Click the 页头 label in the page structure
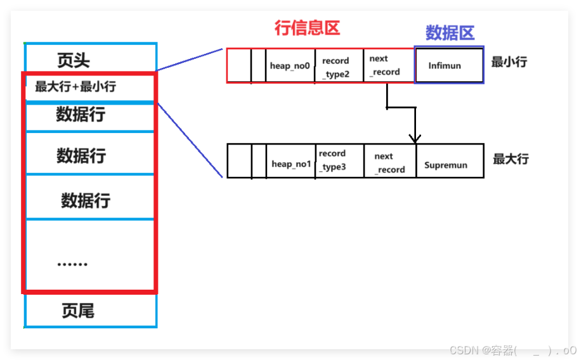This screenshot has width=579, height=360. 74,60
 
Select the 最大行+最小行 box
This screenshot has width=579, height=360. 75,87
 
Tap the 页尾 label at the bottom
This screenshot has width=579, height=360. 78,311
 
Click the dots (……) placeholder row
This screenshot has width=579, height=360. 72,262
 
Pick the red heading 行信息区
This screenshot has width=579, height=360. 307,28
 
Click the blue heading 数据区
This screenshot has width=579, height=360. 449,33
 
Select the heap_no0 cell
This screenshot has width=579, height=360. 290,66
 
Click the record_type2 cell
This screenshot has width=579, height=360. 339,66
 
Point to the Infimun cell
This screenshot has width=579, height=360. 448,65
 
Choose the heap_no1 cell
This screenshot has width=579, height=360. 291,164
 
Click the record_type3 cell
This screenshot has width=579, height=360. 339,160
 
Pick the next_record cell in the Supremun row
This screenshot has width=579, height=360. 389,163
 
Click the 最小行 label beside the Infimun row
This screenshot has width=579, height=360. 509,62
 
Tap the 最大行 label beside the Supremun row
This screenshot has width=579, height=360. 510,158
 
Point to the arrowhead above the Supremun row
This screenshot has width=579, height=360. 415,138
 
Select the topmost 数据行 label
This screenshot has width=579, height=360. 81,115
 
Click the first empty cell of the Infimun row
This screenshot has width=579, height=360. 238,66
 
